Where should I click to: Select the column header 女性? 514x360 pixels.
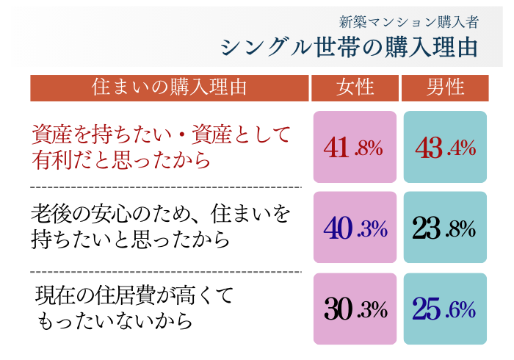(355, 87)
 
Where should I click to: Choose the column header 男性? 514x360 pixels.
(446, 87)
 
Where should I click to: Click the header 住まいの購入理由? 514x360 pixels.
(169, 87)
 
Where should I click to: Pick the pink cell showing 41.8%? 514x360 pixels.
(355, 147)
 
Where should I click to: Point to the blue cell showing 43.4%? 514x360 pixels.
(446, 147)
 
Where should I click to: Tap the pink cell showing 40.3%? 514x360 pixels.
(355, 228)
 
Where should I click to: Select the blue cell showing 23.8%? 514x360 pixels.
(446, 228)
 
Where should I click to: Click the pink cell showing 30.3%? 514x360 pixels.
(355, 309)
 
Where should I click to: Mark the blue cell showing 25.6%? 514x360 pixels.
(446, 309)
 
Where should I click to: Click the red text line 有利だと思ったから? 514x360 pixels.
(121, 159)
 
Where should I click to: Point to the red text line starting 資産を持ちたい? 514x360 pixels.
(162, 134)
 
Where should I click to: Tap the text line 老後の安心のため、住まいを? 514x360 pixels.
(162, 215)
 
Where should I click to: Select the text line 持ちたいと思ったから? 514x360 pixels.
(131, 240)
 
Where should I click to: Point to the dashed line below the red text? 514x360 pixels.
(166, 187)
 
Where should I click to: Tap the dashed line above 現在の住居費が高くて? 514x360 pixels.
(166, 272)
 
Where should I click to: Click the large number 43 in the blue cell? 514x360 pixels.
(429, 148)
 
